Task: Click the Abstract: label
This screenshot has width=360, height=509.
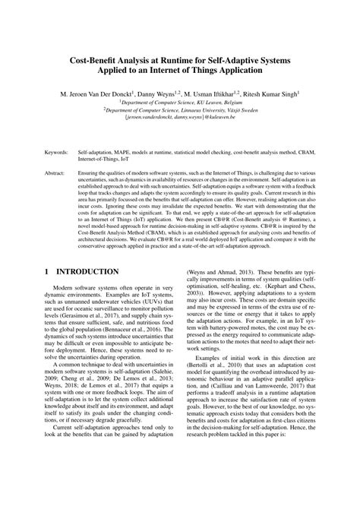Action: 56,173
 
